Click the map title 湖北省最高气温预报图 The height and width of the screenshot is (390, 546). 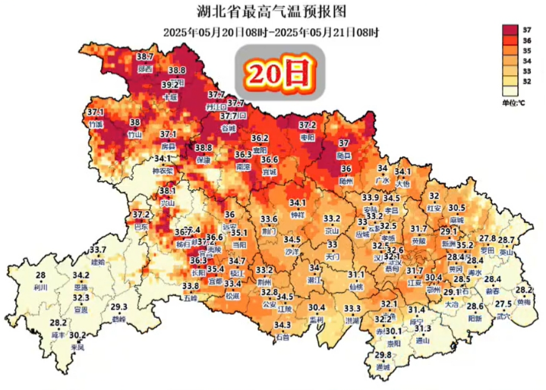coord(272,12)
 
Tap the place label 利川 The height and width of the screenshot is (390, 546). coord(41,288)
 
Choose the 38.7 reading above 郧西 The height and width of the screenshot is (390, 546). coord(144,57)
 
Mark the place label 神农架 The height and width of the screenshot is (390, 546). coord(163,171)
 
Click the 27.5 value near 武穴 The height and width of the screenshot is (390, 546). coord(503,304)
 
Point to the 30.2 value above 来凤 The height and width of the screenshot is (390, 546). coord(77,335)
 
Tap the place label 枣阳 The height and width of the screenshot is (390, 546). coord(308,137)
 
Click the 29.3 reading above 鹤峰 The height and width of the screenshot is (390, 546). coord(118,307)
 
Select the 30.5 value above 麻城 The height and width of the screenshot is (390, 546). coord(456,208)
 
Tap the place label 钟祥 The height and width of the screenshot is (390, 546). coord(297,215)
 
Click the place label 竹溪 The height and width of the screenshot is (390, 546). coord(96,124)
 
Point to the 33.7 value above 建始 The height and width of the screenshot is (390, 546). coord(98,250)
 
